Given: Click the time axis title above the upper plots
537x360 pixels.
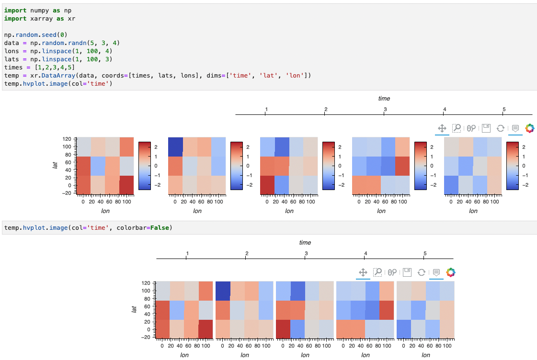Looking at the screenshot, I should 384,99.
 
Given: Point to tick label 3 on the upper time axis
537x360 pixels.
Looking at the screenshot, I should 385,109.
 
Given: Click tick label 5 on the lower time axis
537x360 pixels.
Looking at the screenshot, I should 425,253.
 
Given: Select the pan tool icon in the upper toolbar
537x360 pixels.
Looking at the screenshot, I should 442,128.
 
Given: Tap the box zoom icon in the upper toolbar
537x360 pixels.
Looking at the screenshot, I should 457,128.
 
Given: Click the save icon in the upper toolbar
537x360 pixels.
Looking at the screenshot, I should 486,128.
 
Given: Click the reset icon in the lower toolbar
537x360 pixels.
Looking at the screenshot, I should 422,272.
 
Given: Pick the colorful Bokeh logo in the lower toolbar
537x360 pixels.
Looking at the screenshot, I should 450,272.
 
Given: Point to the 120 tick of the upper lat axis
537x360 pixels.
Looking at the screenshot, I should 67,139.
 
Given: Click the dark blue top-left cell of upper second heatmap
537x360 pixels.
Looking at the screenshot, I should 175,146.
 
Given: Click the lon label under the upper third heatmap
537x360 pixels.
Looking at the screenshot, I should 289,211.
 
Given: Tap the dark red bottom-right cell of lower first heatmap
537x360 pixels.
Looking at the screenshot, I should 206,329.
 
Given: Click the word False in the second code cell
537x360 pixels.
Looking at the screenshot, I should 160,227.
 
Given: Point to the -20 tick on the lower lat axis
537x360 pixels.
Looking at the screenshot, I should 145,337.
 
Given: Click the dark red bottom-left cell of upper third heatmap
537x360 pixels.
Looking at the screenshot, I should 267,185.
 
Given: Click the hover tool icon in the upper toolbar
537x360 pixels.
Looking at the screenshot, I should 515,128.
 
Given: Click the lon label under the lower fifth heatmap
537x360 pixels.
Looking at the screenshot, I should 425,355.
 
